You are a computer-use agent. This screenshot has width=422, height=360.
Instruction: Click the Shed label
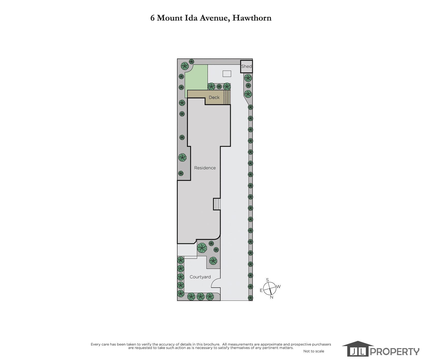point(246,66)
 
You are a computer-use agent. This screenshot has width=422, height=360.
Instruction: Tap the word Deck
point(214,97)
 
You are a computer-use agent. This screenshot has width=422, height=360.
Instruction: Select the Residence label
point(205,168)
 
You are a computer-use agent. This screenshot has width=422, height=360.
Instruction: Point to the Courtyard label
point(200,277)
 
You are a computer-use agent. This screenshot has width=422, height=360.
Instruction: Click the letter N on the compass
point(272,297)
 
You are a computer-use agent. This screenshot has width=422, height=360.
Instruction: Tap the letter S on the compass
point(267,280)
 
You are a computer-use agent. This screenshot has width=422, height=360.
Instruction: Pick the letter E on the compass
point(261,290)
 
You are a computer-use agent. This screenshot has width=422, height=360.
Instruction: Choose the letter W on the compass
point(278,287)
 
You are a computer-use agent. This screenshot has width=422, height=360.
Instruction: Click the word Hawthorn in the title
point(252,18)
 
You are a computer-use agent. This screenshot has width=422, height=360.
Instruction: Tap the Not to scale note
point(314,351)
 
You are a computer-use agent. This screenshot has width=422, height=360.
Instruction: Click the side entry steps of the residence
point(217,204)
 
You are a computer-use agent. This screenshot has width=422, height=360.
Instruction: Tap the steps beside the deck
point(227,97)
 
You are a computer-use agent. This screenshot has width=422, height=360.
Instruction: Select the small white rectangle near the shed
point(227,74)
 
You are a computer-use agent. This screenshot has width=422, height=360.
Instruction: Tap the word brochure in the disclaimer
point(211,344)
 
